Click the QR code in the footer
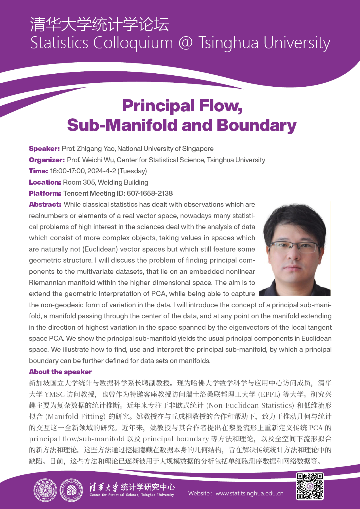click(310, 486)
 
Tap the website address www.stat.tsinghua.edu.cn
click(249, 493)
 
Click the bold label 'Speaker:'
click(44, 149)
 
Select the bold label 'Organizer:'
click(47, 160)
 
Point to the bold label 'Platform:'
click(45, 193)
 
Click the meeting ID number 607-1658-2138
click(150, 193)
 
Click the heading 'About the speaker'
click(60, 372)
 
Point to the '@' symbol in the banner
click(186, 43)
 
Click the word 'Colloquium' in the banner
click(133, 43)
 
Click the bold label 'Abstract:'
click(45, 205)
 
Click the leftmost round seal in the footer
click(45, 490)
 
